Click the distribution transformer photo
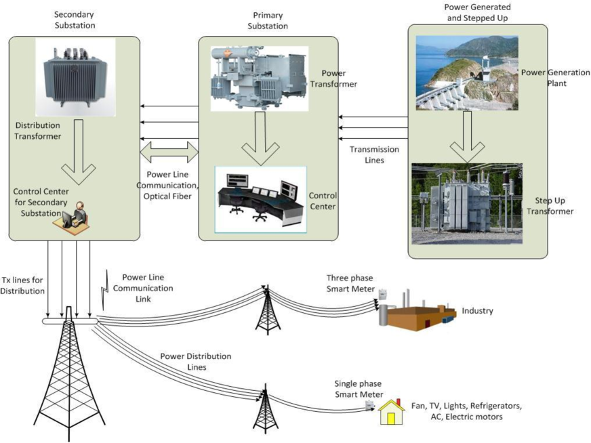pyautogui.click(x=75, y=77)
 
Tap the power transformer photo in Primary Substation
pyautogui.click(x=260, y=79)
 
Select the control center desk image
pyautogui.click(x=260, y=200)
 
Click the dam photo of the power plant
pyautogui.click(x=467, y=73)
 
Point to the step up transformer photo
pyautogui.click(x=467, y=204)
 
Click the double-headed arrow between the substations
pyautogui.click(x=169, y=152)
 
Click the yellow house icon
pyautogui.click(x=392, y=412)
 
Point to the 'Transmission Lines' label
pyautogui.click(x=374, y=155)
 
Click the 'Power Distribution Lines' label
pyautogui.click(x=196, y=362)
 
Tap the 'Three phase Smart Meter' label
pyautogui.click(x=350, y=283)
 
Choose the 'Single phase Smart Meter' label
pyautogui.click(x=359, y=389)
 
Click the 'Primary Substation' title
pyautogui.click(x=268, y=21)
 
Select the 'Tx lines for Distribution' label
pyautogui.click(x=22, y=286)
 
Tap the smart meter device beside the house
pyautogui.click(x=369, y=405)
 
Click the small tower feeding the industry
pyautogui.click(x=268, y=310)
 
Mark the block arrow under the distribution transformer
pyautogui.click(x=79, y=152)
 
